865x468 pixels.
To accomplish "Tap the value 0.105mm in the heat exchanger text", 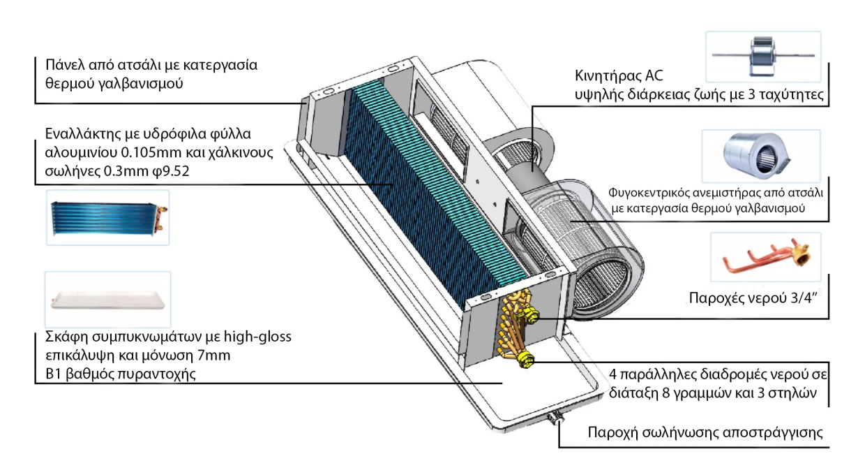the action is click(151, 152).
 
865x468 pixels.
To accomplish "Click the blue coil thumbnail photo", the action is click(107, 218).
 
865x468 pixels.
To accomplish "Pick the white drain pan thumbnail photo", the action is click(107, 300).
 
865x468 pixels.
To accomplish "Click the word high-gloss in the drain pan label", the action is click(257, 337).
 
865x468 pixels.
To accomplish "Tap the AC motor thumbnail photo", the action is click(763, 57).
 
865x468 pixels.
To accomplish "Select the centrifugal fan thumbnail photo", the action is click(761, 156).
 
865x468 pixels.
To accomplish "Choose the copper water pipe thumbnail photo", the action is click(765, 257).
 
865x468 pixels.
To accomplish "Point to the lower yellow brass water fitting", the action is click(526, 359).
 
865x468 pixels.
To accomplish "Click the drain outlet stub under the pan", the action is click(556, 418).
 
